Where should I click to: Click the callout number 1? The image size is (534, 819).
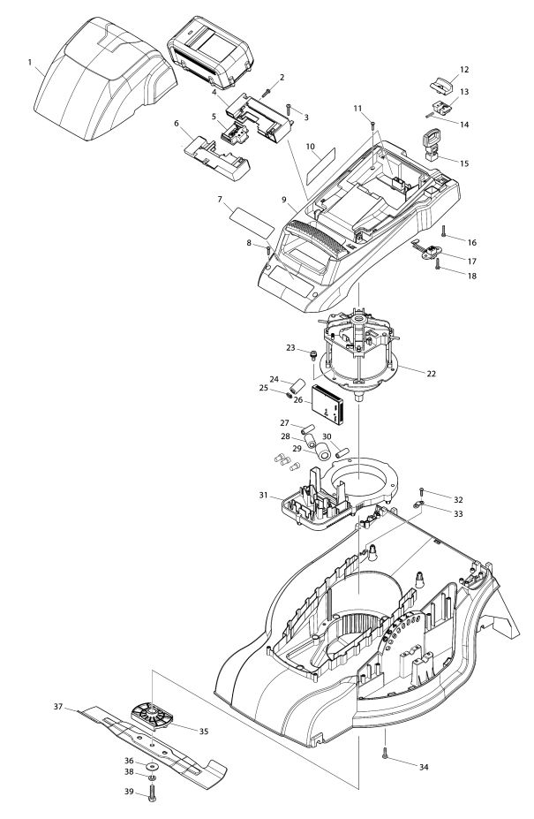(30, 62)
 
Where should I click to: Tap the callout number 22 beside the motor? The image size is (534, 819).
(431, 374)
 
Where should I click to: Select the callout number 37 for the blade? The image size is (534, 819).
(58, 707)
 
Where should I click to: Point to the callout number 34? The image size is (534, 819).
(424, 767)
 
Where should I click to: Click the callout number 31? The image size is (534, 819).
(263, 495)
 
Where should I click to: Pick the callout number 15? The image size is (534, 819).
(464, 163)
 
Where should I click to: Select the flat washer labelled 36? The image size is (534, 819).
(153, 766)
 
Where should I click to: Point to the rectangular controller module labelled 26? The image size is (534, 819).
(327, 405)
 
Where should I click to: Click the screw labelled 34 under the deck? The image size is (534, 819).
(385, 753)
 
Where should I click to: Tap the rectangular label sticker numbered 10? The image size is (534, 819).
(320, 164)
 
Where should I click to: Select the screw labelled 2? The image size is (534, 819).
(267, 93)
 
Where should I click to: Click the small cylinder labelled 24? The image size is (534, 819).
(298, 386)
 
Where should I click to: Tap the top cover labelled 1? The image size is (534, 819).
(104, 79)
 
